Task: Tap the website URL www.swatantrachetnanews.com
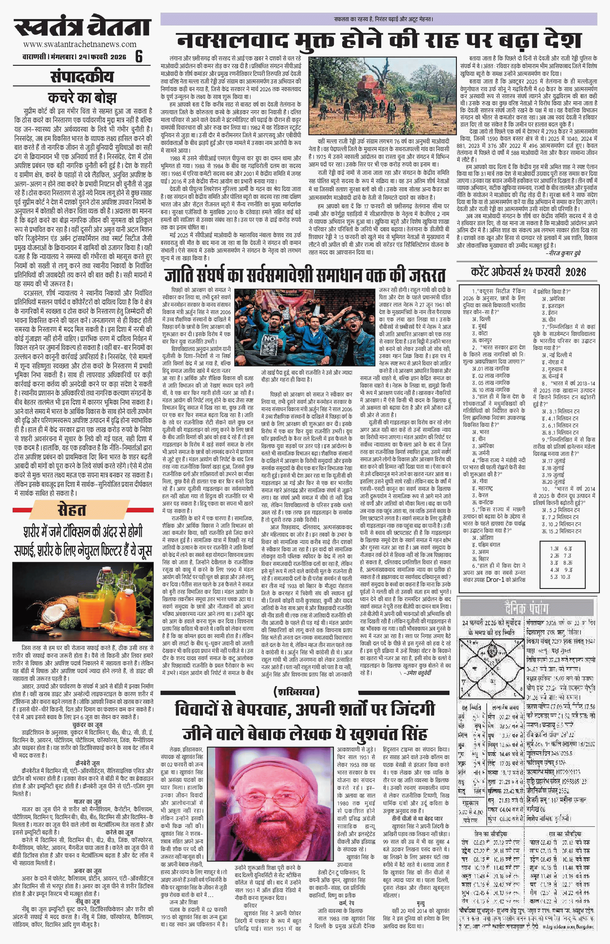pyautogui.click(x=80, y=45)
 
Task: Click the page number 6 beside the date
pyautogui.click(x=139, y=57)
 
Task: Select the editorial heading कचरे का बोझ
pyautogui.click(x=82, y=97)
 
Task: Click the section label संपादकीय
pyautogui.click(x=82, y=77)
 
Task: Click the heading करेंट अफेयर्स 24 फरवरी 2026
pyautogui.click(x=529, y=272)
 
